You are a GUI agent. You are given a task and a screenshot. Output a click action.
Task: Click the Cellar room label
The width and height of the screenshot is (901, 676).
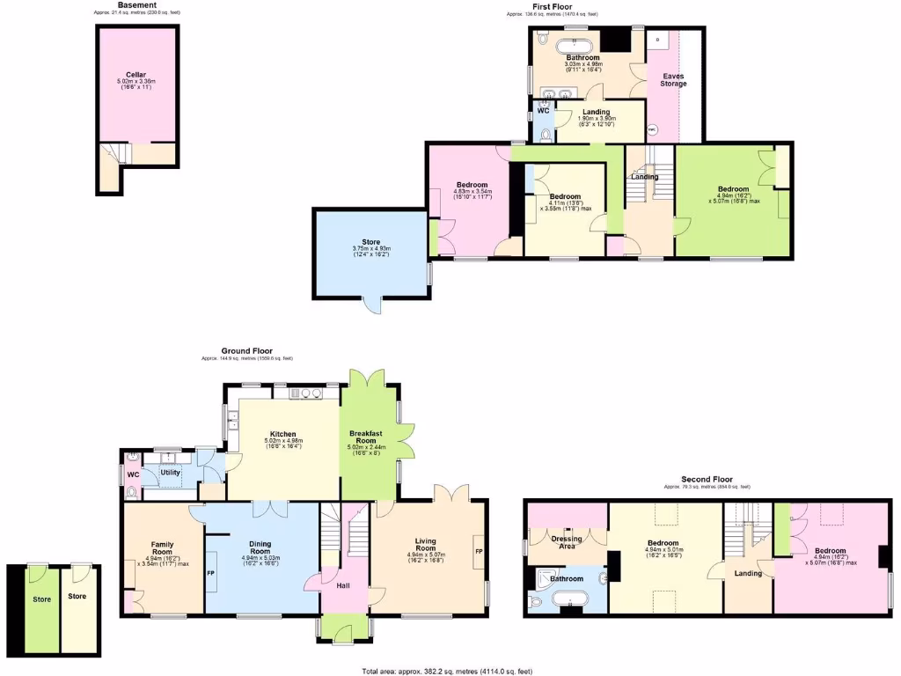coord(136,75)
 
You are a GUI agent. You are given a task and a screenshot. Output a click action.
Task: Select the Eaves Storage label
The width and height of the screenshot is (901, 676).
coord(674,79)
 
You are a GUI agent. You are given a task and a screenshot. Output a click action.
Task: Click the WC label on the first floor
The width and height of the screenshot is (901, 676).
coord(543,112)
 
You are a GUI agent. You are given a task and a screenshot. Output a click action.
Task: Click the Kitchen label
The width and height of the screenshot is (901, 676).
coord(282,434)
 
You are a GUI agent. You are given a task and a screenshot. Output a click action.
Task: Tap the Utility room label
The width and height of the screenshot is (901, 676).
coord(171,473)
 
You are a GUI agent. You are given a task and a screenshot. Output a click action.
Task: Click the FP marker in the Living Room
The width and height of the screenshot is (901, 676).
coord(479,552)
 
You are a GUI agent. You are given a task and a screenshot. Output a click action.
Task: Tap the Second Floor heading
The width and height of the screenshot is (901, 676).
coord(707,479)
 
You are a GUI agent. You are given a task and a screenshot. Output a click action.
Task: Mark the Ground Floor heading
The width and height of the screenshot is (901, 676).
coord(247,350)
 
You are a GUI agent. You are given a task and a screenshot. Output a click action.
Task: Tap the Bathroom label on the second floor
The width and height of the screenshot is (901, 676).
coord(567,578)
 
